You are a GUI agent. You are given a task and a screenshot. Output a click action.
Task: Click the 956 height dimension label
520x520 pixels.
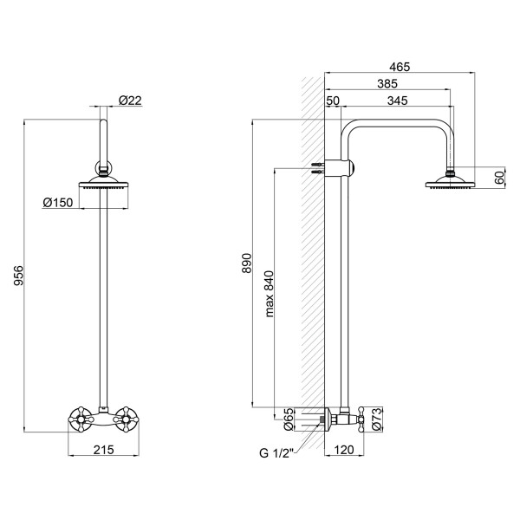[x=19, y=276]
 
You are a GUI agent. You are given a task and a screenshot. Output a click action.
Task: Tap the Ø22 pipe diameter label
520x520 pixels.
[x=130, y=101]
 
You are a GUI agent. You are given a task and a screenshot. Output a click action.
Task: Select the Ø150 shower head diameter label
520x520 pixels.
[x=58, y=202]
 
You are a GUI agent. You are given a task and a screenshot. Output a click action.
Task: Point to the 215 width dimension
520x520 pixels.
[x=103, y=450]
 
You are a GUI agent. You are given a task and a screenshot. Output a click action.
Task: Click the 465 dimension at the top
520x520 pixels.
[x=400, y=67]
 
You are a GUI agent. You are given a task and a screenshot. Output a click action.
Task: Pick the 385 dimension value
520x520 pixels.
[x=387, y=83]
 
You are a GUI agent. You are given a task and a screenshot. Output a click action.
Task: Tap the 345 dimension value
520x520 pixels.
[x=397, y=101]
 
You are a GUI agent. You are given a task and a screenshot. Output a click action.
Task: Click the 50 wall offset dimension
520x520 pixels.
[x=333, y=101]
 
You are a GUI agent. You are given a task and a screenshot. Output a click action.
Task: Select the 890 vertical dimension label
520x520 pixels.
[x=247, y=263]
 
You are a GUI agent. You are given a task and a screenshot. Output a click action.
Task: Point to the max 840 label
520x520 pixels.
[x=270, y=294]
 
